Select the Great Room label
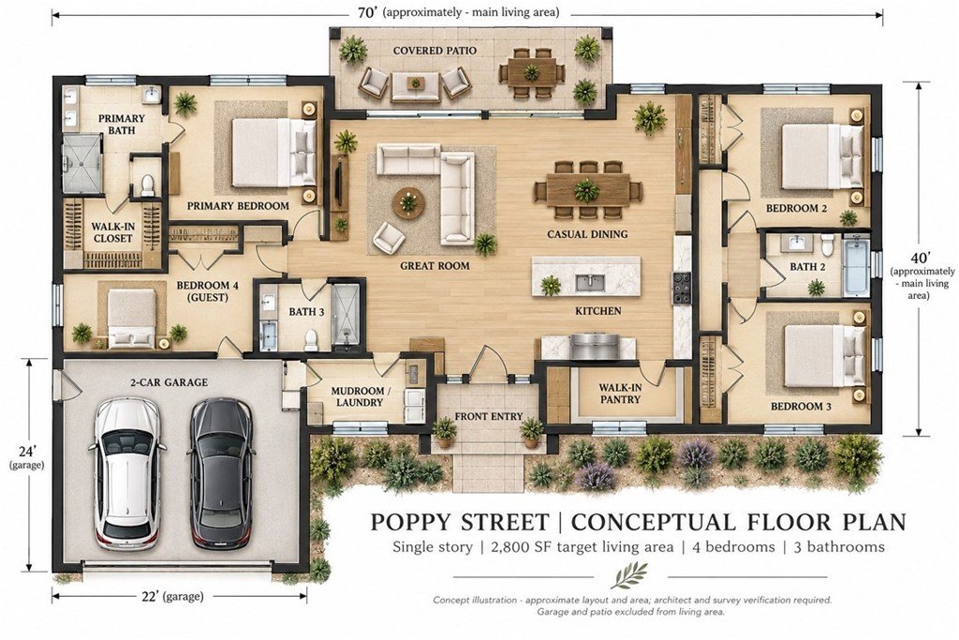click(435, 265)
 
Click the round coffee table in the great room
click(408, 201)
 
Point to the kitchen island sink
click(590, 283)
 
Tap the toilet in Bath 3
click(311, 339)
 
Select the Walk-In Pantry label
click(620, 394)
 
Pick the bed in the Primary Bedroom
click(273, 153)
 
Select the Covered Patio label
click(435, 51)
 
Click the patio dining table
click(531, 73)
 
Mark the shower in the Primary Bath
click(81, 163)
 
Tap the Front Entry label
click(489, 416)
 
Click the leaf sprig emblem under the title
click(630, 575)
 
